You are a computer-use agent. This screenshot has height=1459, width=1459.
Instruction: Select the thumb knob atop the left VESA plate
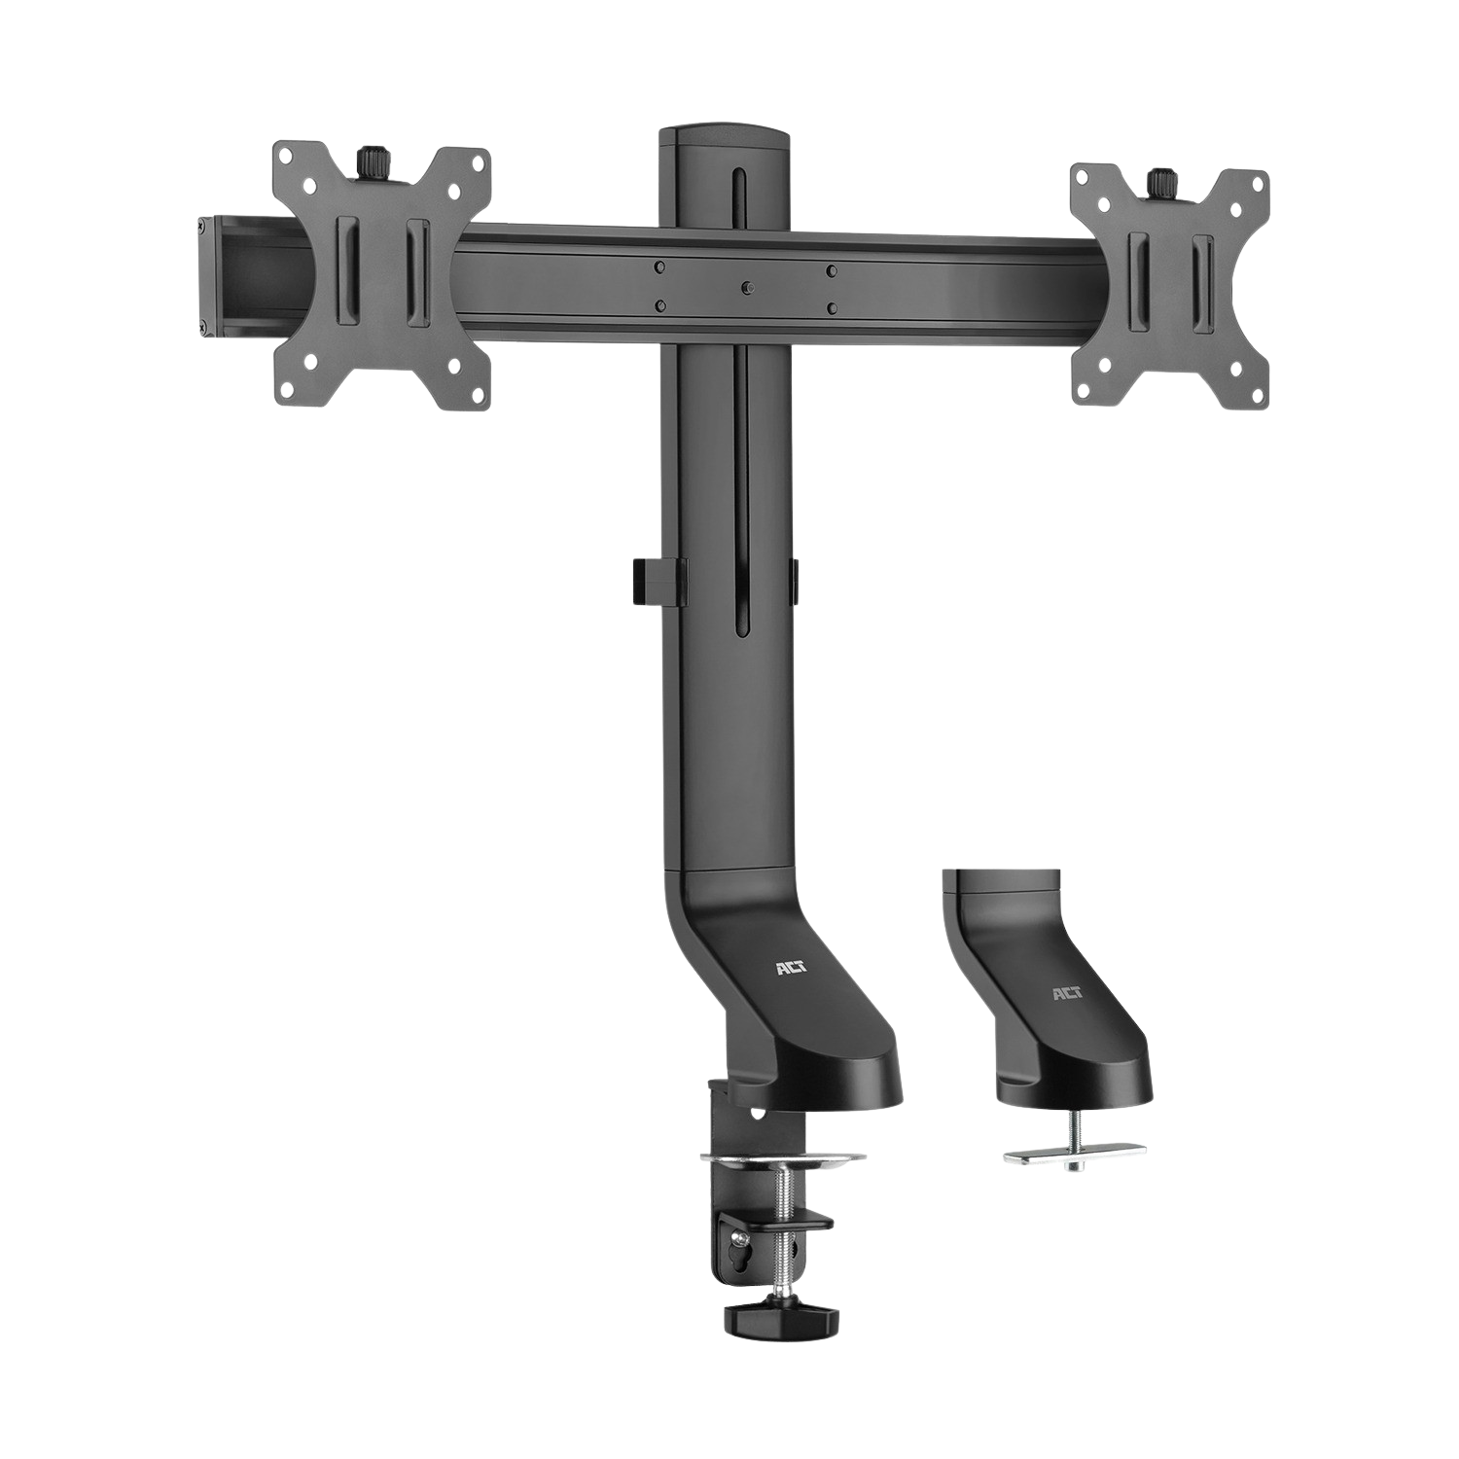tap(371, 159)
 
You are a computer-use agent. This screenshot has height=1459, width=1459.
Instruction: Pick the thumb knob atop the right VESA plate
tap(1157, 181)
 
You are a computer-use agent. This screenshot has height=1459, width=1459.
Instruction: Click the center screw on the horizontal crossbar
tap(745, 288)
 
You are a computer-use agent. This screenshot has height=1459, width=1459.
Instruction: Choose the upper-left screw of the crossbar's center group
tap(660, 266)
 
